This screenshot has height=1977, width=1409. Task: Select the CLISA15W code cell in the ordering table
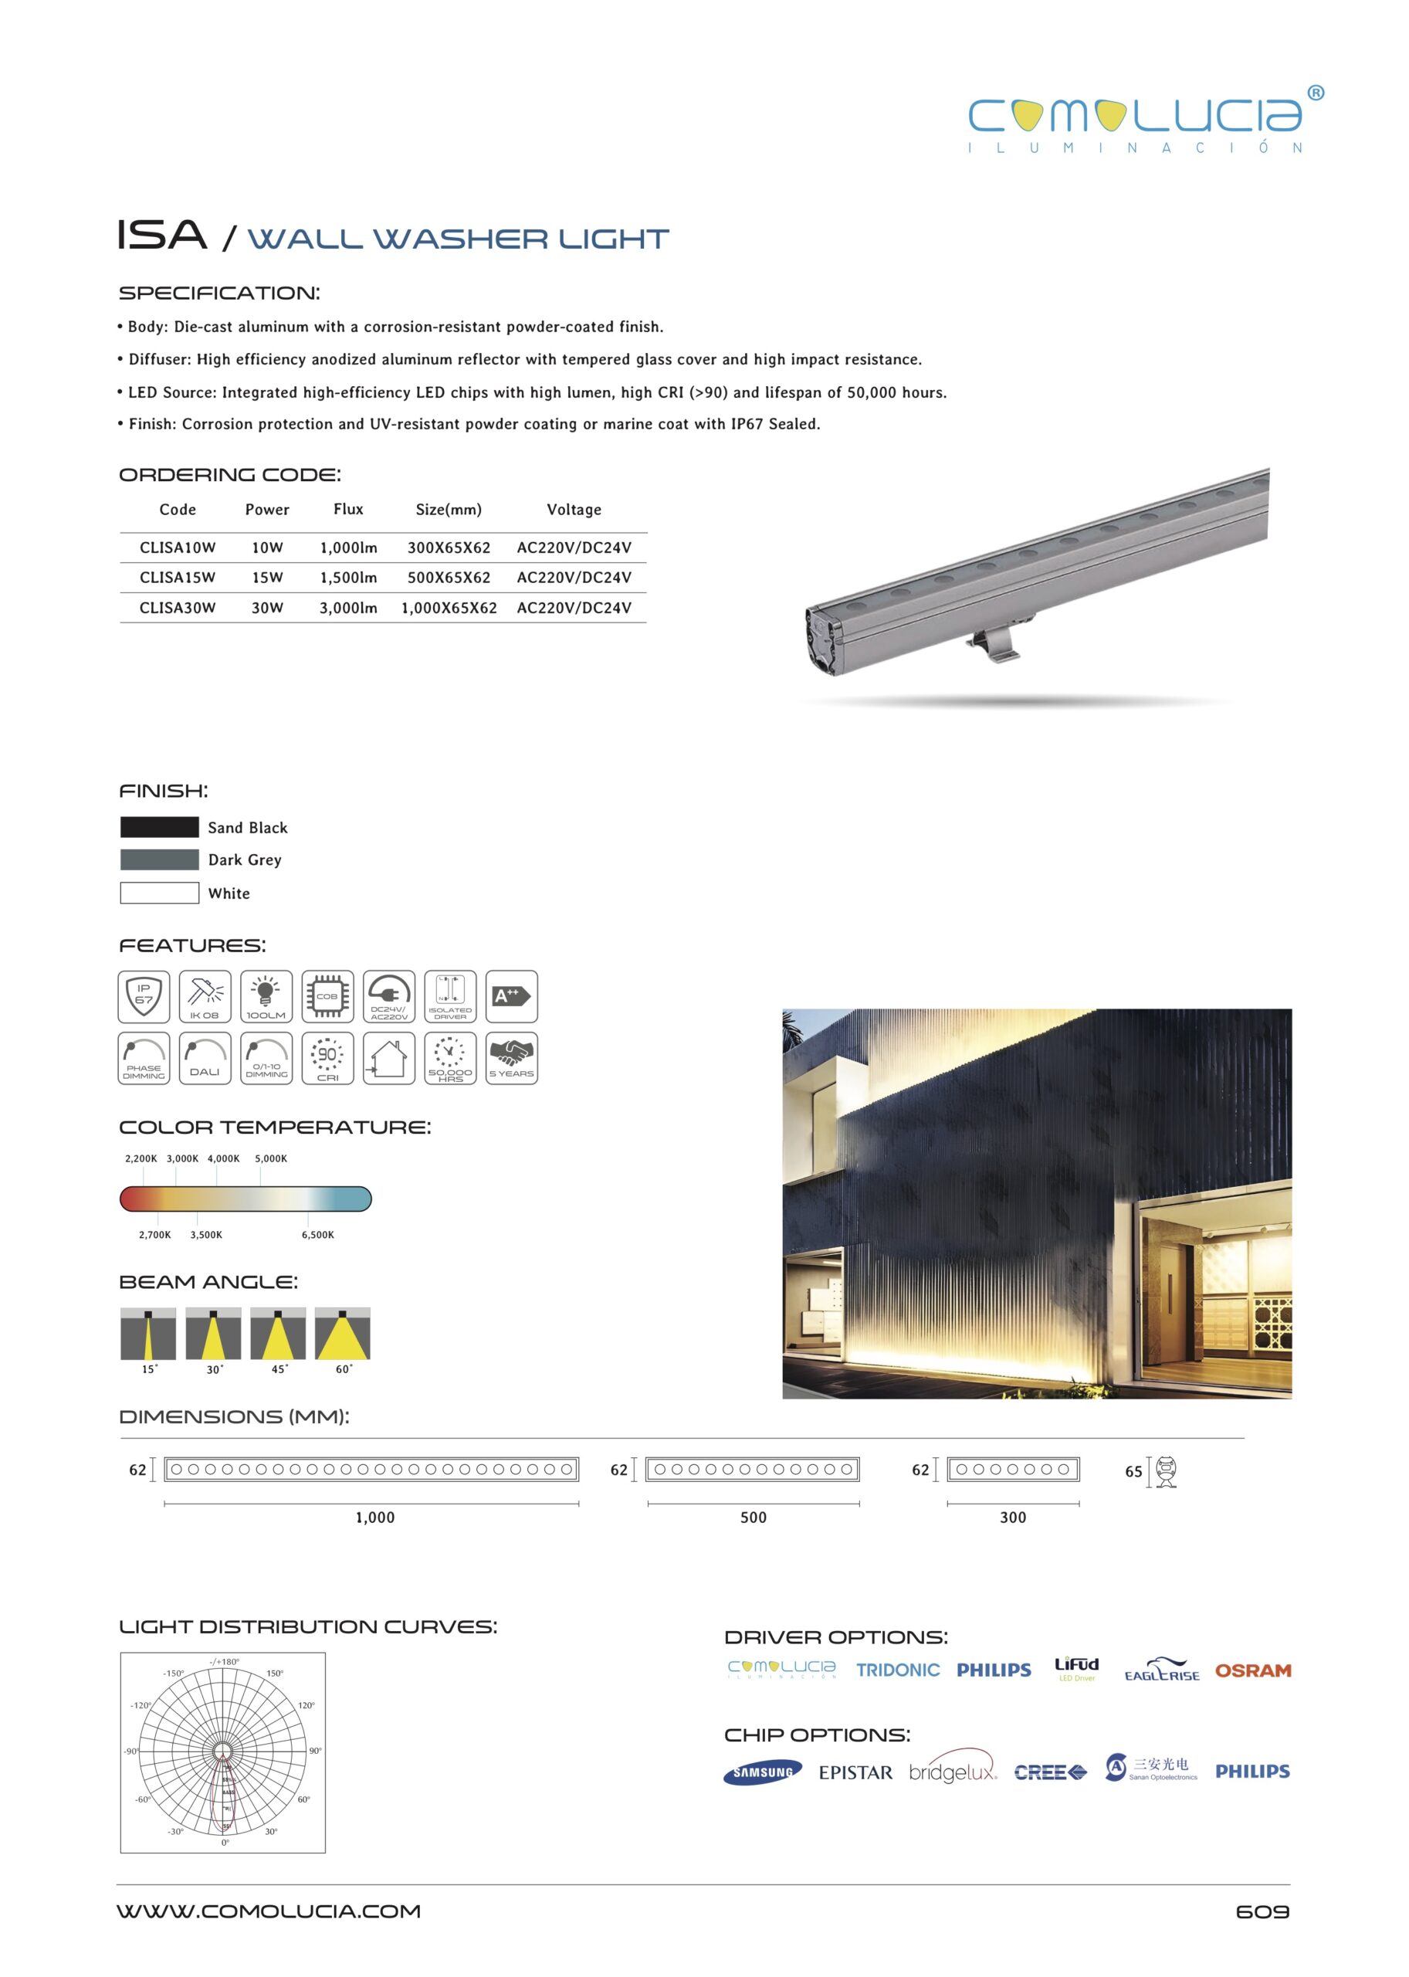pyautogui.click(x=177, y=577)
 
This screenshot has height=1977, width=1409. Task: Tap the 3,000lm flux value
pyautogui.click(x=348, y=608)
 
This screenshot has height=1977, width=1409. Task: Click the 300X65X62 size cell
pyautogui.click(x=449, y=548)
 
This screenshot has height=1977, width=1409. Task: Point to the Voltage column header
pyautogui.click(x=574, y=510)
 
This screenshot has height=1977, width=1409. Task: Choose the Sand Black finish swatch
pyautogui.click(x=160, y=827)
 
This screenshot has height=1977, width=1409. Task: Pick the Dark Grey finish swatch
pyautogui.click(x=160, y=860)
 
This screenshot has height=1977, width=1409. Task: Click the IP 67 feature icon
pyautogui.click(x=144, y=996)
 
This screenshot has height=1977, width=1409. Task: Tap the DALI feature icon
pyautogui.click(x=205, y=1058)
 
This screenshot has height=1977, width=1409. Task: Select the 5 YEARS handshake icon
pyautogui.click(x=511, y=1058)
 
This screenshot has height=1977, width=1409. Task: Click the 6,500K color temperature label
pyautogui.click(x=317, y=1234)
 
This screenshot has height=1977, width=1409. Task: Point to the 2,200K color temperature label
pyautogui.click(x=141, y=1158)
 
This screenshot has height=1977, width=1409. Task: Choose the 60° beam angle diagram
pyautogui.click(x=343, y=1333)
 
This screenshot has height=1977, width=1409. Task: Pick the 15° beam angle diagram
pyautogui.click(x=148, y=1333)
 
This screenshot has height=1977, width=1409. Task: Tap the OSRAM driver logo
pyautogui.click(x=1252, y=1670)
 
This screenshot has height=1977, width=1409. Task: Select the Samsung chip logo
pyautogui.click(x=763, y=1772)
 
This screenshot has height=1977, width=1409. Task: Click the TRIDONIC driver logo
pyautogui.click(x=897, y=1670)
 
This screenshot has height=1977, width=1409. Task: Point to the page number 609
pyautogui.click(x=1262, y=1912)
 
